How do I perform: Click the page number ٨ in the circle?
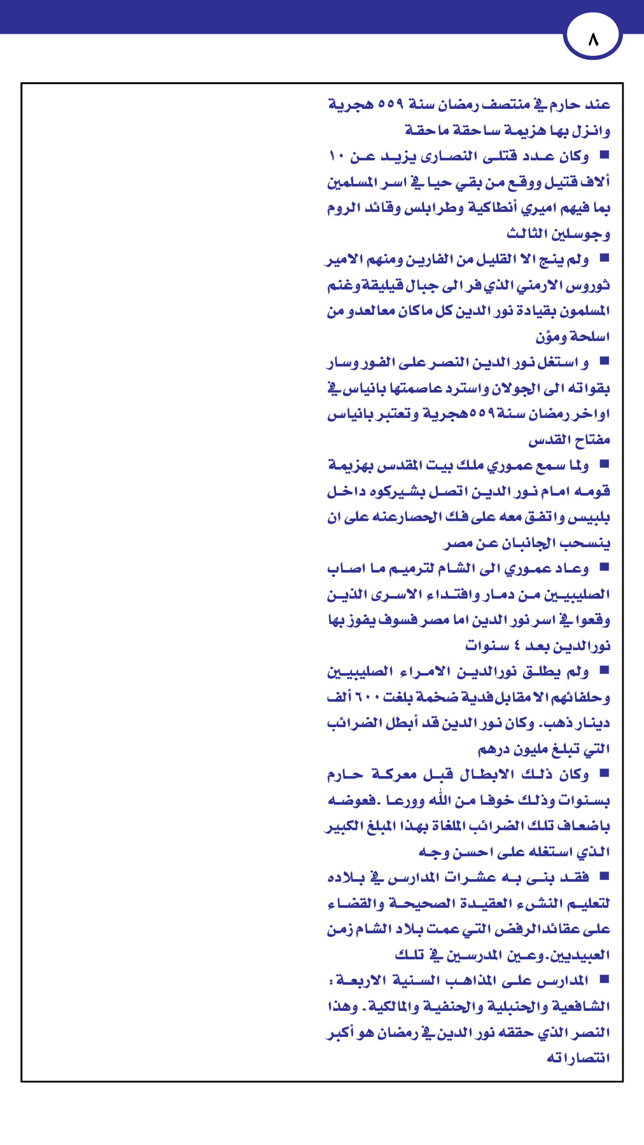[x=593, y=39]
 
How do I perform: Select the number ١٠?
[x=337, y=156]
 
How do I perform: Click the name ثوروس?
[x=589, y=286]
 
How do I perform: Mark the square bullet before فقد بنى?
[x=604, y=877]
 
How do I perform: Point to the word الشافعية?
[x=581, y=1007]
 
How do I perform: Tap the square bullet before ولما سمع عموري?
[x=604, y=464]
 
